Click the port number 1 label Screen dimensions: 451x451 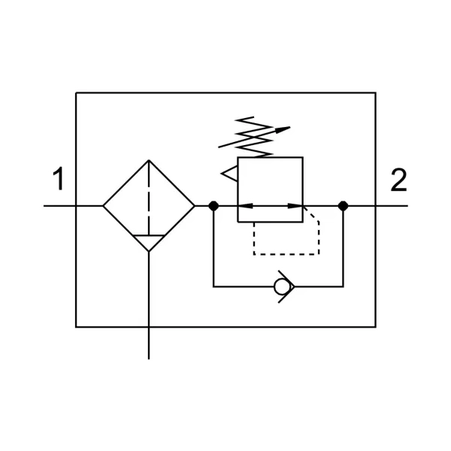click(58, 181)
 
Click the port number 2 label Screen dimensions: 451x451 click(398, 180)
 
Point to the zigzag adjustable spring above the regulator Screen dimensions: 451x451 click(248, 136)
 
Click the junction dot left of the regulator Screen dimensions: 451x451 click(213, 205)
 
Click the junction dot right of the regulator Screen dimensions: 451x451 click(343, 205)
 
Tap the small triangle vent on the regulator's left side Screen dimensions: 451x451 click(229, 174)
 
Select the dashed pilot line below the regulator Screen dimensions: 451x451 click(286, 254)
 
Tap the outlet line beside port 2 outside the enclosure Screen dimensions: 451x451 click(392, 205)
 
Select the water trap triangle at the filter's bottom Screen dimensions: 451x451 click(149, 242)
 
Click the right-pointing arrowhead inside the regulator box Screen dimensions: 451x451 click(296, 205)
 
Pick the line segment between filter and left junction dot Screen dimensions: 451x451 click(204, 205)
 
